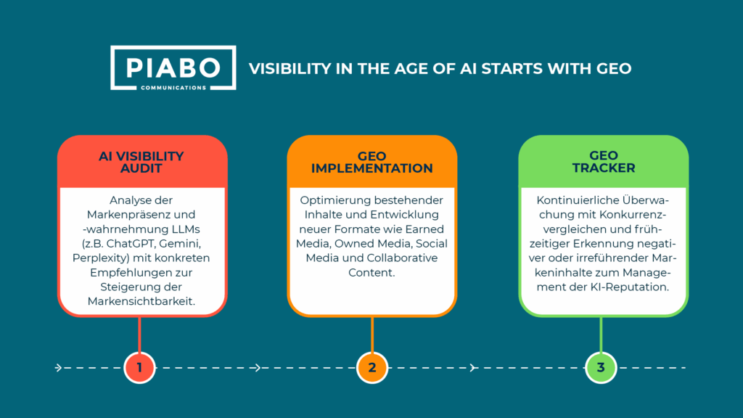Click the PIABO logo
coord(173,67)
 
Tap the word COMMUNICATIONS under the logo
coord(173,88)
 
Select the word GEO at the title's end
coord(614,69)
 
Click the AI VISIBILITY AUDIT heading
coord(141,162)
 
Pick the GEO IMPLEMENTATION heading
coord(372,162)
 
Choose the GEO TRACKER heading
coord(603,162)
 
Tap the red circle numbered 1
coord(139,367)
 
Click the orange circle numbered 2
coord(372,367)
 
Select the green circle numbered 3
coord(601,367)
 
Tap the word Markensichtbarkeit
coord(141,301)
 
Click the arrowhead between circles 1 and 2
coord(258,368)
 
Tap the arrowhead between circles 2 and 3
coord(473,368)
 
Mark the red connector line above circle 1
coord(139,335)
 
